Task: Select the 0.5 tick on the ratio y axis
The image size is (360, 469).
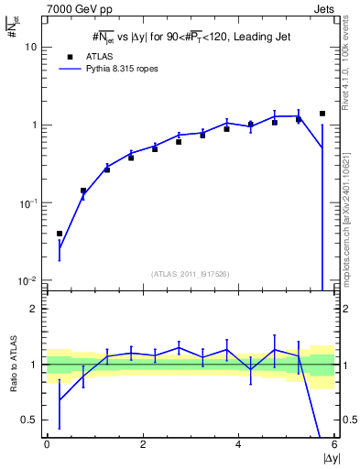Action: [x=30, y=420]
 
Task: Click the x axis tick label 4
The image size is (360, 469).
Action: [x=238, y=444]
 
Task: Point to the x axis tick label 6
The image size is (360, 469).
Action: [x=333, y=444]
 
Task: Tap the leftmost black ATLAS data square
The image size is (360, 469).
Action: [x=60, y=234]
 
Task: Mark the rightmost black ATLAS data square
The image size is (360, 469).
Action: [x=322, y=114]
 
